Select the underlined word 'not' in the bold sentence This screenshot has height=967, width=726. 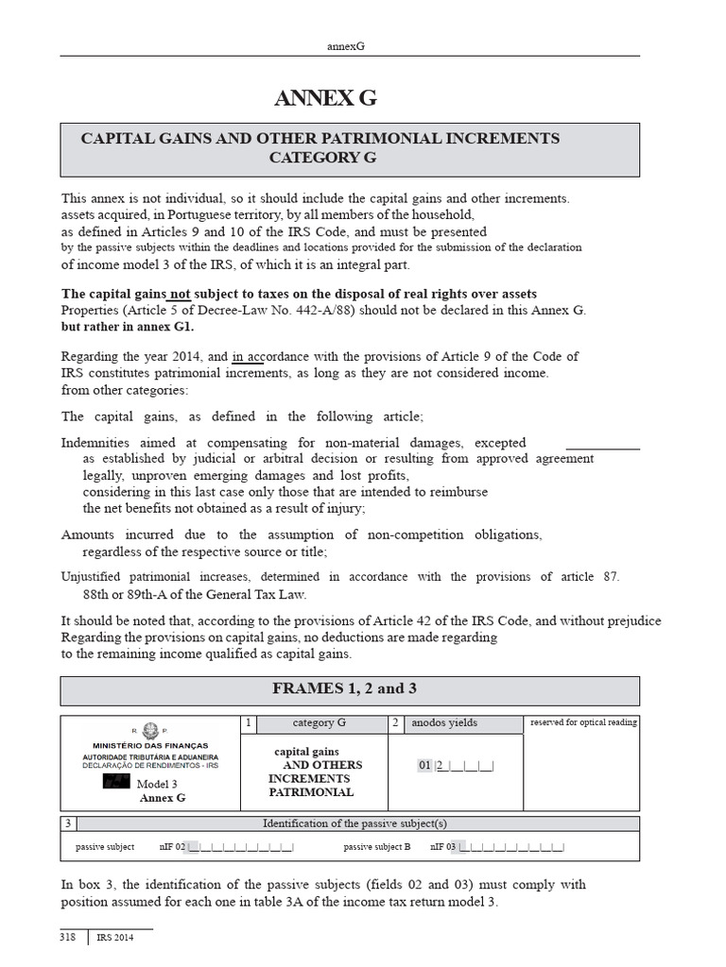[180, 294]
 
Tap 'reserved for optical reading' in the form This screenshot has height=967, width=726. [583, 723]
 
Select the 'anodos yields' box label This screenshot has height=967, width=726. [443, 723]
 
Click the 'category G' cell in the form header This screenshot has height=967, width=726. [320, 723]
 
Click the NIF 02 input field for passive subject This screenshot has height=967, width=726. [240, 847]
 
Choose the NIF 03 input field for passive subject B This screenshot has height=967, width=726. [510, 847]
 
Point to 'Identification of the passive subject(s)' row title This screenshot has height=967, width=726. [354, 823]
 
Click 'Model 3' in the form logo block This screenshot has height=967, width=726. [157, 784]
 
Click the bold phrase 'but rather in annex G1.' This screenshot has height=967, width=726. [127, 327]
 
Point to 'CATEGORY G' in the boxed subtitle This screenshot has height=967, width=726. [322, 158]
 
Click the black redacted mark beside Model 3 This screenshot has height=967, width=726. [116, 783]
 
